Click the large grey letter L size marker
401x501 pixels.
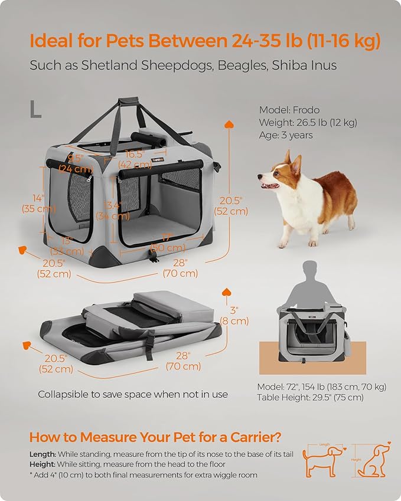coord(36,109)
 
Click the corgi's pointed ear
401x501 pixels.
coord(288,158)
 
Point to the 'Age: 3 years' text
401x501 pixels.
coord(286,135)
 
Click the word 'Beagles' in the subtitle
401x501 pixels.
coord(240,65)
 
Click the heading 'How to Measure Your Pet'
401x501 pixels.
coord(155,437)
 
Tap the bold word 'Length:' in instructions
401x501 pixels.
coord(43,454)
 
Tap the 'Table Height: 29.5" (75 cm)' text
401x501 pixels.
coord(310,398)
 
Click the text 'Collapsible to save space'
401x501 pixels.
coord(133,394)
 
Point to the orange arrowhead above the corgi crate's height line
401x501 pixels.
coord(229,125)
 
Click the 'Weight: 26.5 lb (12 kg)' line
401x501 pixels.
coord(308,123)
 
